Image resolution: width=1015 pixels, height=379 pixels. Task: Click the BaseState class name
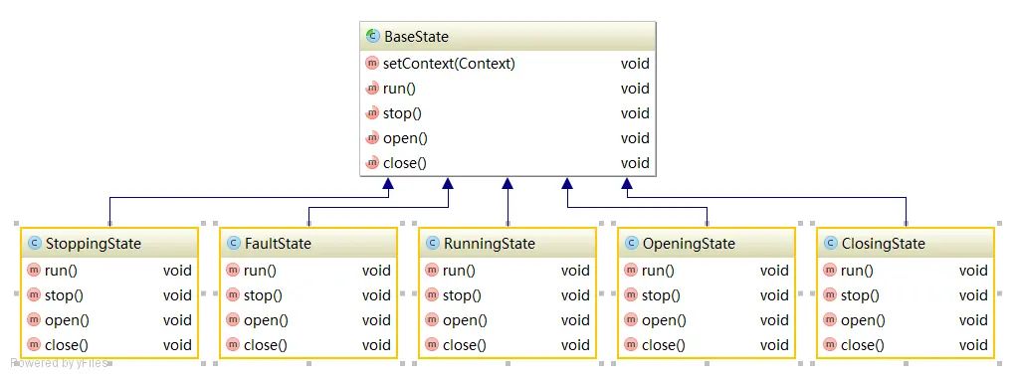(x=416, y=37)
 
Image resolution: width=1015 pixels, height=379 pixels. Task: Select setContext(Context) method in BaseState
(x=449, y=64)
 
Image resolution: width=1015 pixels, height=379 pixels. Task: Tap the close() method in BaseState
(x=405, y=163)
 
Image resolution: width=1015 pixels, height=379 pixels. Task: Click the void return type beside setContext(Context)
(x=635, y=64)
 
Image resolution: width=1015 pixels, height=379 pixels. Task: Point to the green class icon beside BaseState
(x=372, y=36)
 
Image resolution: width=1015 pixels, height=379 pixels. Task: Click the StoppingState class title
(x=94, y=244)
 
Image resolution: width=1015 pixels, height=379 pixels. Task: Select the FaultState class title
(x=278, y=244)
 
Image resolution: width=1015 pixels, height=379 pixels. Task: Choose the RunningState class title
(x=490, y=244)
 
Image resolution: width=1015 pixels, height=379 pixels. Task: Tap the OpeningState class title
(x=689, y=244)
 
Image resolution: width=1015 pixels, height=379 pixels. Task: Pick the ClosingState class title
(x=883, y=244)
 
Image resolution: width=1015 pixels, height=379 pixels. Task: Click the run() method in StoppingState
(x=61, y=271)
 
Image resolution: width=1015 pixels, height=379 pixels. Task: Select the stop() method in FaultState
(x=263, y=295)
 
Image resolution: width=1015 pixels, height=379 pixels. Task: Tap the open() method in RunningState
(x=465, y=320)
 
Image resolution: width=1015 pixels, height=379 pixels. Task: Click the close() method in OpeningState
(x=664, y=345)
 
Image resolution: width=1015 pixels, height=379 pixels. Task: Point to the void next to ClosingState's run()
(x=973, y=271)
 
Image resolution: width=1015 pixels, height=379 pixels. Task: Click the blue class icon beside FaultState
(x=233, y=243)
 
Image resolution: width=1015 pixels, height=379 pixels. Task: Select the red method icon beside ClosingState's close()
(x=830, y=345)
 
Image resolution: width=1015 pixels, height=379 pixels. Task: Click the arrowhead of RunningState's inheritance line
(x=507, y=183)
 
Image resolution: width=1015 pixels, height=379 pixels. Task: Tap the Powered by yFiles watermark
(x=59, y=363)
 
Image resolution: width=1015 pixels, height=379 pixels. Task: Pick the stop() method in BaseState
(x=402, y=113)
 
